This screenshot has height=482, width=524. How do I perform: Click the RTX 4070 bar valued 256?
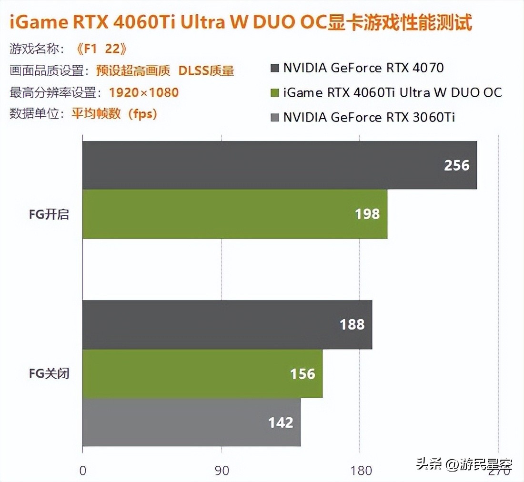(x=280, y=165)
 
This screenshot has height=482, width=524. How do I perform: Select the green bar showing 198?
(x=235, y=214)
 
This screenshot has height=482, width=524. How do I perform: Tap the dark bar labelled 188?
(x=227, y=324)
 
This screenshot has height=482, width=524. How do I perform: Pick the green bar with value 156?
(x=202, y=373)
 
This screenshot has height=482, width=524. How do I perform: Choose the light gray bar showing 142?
(x=191, y=422)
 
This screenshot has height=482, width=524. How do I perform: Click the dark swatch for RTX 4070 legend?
(x=274, y=68)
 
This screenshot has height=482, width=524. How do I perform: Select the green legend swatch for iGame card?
(x=274, y=92)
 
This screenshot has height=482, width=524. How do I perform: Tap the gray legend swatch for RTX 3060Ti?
(x=274, y=117)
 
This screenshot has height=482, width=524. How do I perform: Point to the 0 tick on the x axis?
(x=83, y=471)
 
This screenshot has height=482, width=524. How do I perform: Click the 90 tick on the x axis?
(x=222, y=471)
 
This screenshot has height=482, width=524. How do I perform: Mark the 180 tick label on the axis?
(x=361, y=471)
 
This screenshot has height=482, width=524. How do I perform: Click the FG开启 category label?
(x=49, y=214)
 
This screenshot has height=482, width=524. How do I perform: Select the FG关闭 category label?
(x=49, y=373)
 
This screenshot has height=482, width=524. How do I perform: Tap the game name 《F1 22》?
(x=102, y=49)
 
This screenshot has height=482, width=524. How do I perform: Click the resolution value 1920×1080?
(x=144, y=92)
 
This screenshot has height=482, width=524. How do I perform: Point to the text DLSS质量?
(x=206, y=70)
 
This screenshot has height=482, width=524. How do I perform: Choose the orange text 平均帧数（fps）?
(x=114, y=114)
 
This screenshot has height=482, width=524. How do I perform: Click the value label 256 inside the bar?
(x=456, y=165)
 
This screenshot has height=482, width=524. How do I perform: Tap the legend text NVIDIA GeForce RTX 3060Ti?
(x=369, y=117)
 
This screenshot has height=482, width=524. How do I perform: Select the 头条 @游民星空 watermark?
(x=464, y=463)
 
